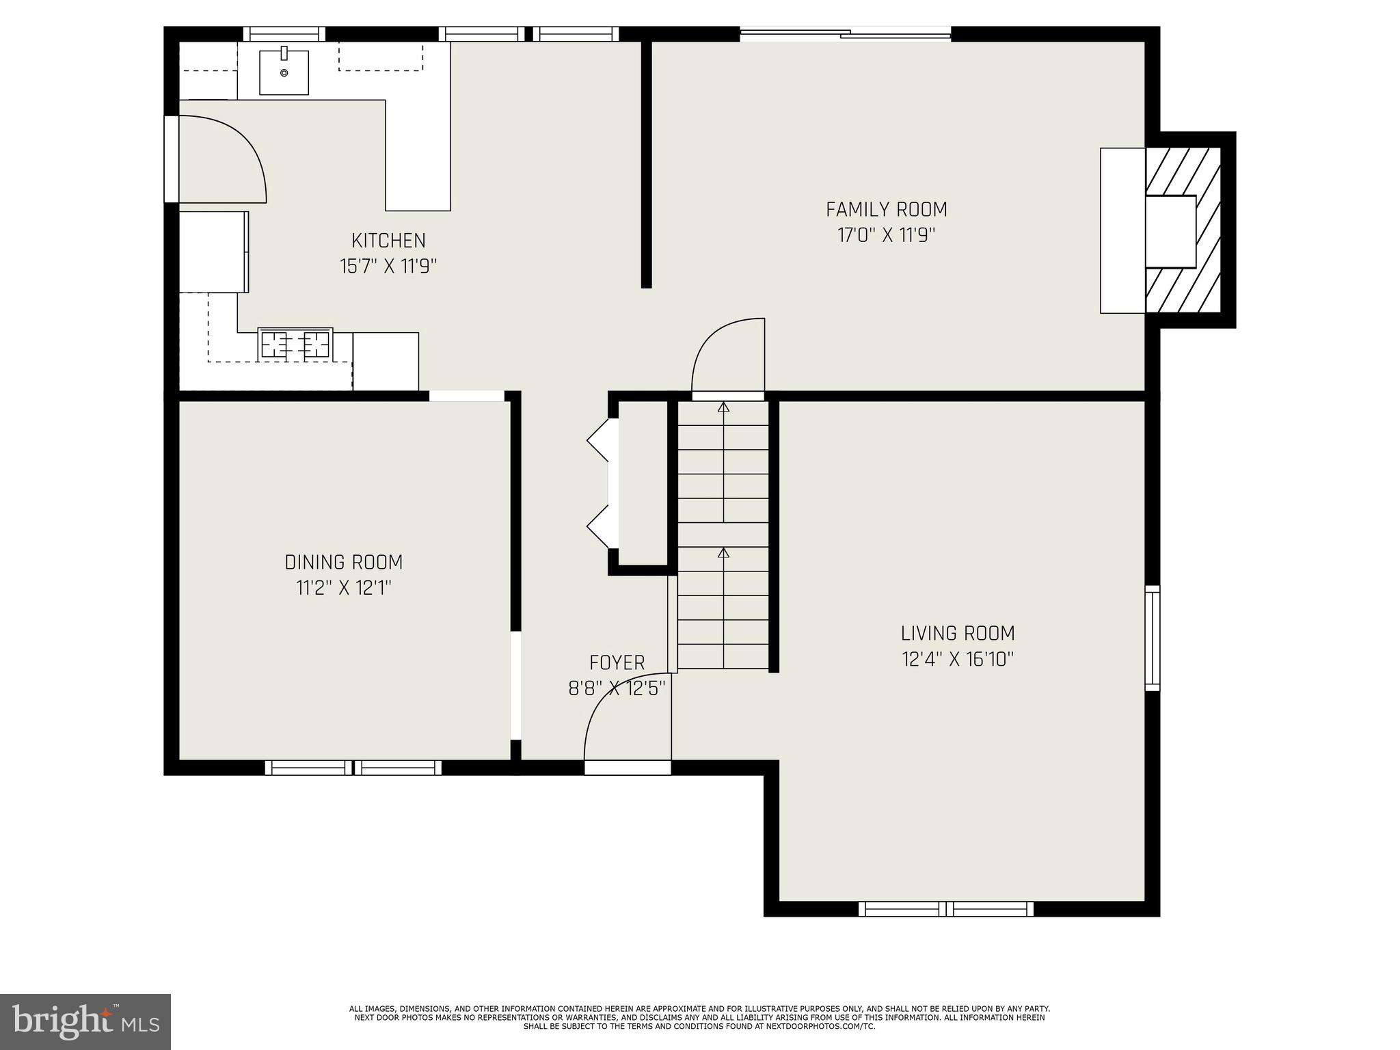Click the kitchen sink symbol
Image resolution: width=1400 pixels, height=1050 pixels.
coord(284,71)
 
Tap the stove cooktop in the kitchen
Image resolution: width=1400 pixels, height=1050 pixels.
coord(295,344)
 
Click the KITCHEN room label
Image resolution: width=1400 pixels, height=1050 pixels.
coord(388,241)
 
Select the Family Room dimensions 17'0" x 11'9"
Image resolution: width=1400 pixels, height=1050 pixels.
coord(886,235)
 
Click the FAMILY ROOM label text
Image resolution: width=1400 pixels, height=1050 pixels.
coord(886,209)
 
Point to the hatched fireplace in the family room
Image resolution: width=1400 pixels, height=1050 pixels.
coord(1183,231)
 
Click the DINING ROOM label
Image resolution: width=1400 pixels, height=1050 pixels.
coord(343,563)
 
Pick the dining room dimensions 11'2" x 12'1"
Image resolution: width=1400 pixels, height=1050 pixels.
coord(343,588)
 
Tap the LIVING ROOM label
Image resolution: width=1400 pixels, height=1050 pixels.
coord(957,634)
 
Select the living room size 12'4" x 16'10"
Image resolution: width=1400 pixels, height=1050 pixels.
coord(957,660)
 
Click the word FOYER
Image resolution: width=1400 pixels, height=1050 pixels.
coord(617,663)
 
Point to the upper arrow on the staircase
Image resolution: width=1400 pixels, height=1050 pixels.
coord(723,408)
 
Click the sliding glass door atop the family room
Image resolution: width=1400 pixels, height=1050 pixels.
coord(845,33)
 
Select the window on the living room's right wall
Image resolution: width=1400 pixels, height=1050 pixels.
coord(1153,638)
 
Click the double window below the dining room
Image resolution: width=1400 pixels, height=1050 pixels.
coord(353,768)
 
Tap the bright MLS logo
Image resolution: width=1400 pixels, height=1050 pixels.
coord(85,1021)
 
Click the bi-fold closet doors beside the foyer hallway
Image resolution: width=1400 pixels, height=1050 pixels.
coord(602,484)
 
